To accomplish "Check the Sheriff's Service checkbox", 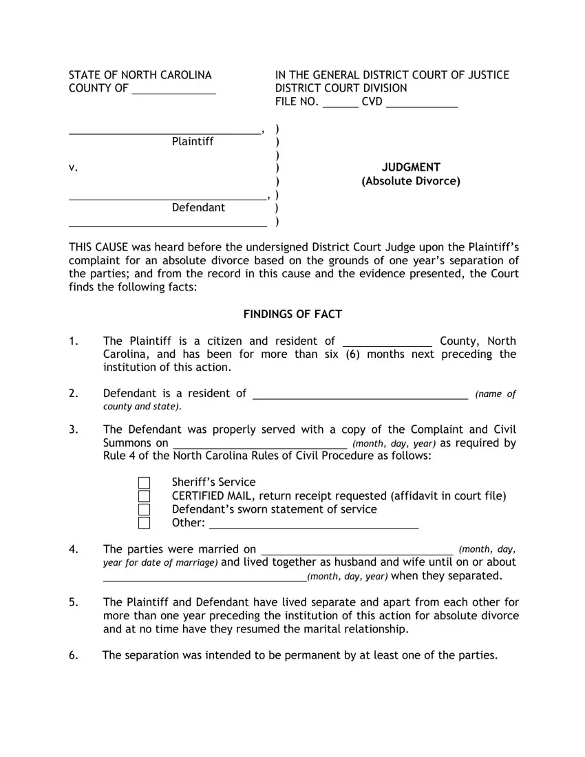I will point(144,482).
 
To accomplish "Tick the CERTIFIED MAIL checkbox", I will point(144,496).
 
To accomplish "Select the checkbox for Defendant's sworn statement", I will point(144,509).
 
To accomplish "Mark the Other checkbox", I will point(144,523).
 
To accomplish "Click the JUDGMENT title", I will point(411,167).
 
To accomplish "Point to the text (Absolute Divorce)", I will point(411,182).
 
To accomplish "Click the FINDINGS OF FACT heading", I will point(292,314).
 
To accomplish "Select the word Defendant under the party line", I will point(198,208).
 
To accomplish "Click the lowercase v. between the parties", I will point(72,168).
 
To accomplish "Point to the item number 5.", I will point(72,602).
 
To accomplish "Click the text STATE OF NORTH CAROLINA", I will point(140,75).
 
